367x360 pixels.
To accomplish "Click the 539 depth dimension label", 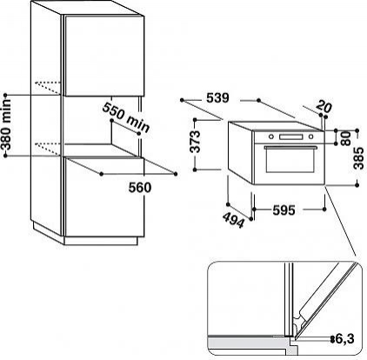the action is [x=217, y=98].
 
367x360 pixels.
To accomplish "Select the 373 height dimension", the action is [x=197, y=142].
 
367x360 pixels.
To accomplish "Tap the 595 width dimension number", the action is [x=284, y=210].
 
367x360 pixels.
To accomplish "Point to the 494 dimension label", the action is [x=234, y=220].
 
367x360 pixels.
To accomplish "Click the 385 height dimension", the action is [x=359, y=158].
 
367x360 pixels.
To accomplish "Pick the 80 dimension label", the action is [x=346, y=139].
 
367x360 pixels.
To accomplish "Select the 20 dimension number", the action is [x=324, y=106].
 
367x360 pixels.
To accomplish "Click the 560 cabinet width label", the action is [x=140, y=188].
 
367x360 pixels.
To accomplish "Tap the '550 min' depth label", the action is [x=126, y=117].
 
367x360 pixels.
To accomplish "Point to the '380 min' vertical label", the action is [x=6, y=124].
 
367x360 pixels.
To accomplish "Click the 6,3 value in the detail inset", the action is [x=344, y=338].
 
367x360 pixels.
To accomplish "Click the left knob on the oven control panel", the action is [x=271, y=137].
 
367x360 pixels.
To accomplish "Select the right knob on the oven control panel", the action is [x=311, y=137].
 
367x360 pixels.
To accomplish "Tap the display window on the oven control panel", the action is [x=290, y=137].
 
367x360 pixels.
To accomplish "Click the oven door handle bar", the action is [x=290, y=147].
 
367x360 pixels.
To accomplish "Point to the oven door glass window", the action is [x=290, y=161].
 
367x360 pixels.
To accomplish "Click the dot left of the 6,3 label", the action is [x=332, y=338].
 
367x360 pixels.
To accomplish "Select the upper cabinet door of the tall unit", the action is [x=103, y=55].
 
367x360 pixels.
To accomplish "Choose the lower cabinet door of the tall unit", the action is [x=104, y=197].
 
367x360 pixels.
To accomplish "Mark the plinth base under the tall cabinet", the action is [x=100, y=241].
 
